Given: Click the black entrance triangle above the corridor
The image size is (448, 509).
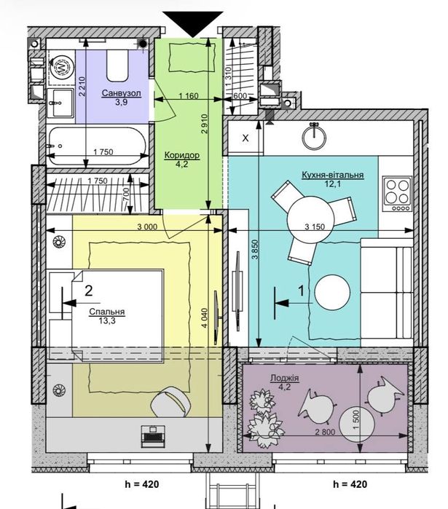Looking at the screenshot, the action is [x=193, y=23].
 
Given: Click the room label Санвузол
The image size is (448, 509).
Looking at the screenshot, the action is [x=122, y=93].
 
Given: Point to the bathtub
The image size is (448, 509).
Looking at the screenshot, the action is [x=98, y=146].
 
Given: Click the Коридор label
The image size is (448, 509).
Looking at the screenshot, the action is [x=182, y=155].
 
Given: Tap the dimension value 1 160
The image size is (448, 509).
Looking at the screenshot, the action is [x=188, y=96].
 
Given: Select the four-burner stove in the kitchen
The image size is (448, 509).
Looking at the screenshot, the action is [x=397, y=194].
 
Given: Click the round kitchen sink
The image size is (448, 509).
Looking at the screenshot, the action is [x=314, y=137].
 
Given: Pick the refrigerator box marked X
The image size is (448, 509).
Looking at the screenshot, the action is [x=245, y=138].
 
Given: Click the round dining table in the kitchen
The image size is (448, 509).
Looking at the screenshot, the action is [x=310, y=219].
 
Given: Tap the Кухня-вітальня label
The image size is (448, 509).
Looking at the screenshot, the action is [x=332, y=175].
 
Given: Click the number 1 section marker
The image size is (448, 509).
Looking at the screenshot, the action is [x=301, y=291].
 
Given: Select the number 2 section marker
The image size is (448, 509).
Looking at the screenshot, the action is [x=89, y=291].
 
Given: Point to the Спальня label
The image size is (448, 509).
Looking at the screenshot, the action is [x=107, y=312].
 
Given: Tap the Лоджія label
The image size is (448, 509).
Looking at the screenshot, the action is [x=284, y=378].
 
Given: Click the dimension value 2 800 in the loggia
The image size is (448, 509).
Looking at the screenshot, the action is [x=325, y=432].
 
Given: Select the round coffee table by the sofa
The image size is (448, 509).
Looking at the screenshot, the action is [x=332, y=293].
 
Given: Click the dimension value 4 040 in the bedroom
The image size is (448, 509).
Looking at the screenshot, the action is [x=204, y=318].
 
